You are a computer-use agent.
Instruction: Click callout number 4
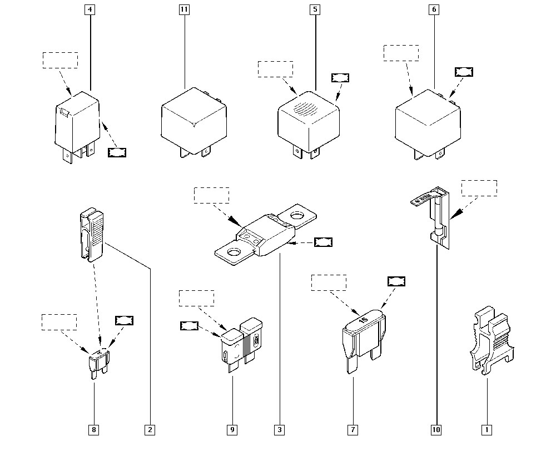point(90,9)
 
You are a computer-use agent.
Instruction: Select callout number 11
point(185,9)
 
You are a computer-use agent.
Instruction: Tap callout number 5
point(315,9)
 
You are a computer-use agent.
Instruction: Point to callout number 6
point(434,9)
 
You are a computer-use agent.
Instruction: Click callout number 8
point(93,429)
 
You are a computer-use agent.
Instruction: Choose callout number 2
point(149,429)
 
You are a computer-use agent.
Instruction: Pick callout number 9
point(232,429)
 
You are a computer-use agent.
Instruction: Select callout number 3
point(279,429)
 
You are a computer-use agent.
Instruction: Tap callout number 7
point(353,429)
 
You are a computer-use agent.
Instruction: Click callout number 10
point(436,429)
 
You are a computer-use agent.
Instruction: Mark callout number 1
point(487,429)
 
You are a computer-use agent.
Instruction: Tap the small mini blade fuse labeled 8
point(98,362)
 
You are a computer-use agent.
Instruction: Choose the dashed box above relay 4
point(60,60)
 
